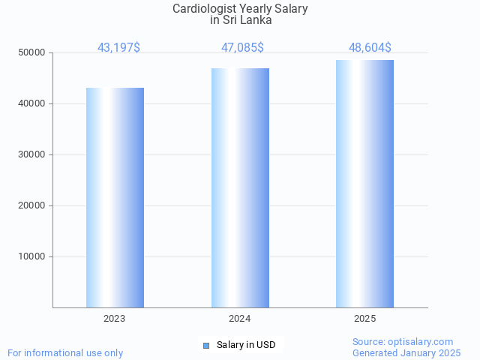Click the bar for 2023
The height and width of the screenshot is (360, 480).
coord(115,197)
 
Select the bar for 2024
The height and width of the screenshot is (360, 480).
coord(240,187)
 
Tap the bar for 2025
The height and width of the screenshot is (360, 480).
coord(364,184)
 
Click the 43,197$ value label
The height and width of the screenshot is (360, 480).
coord(118,47)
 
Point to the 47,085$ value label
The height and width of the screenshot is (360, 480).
coord(242,47)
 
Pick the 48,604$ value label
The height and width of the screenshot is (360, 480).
coord(370,47)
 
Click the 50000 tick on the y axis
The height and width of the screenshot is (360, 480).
coord(32,52)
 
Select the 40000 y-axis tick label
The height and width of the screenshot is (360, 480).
coord(32,103)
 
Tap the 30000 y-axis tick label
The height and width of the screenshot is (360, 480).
coord(32,154)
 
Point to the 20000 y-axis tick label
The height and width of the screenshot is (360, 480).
coord(32,205)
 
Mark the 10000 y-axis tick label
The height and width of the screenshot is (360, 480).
coord(32,256)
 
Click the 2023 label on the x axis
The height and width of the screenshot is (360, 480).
coord(115,319)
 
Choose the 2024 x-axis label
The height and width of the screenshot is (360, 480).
coord(240,319)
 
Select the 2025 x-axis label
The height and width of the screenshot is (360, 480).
coord(364,319)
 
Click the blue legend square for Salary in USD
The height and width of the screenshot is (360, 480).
coord(206,345)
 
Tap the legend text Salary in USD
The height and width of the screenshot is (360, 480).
coord(246,345)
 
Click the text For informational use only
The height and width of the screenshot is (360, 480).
coord(65,352)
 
